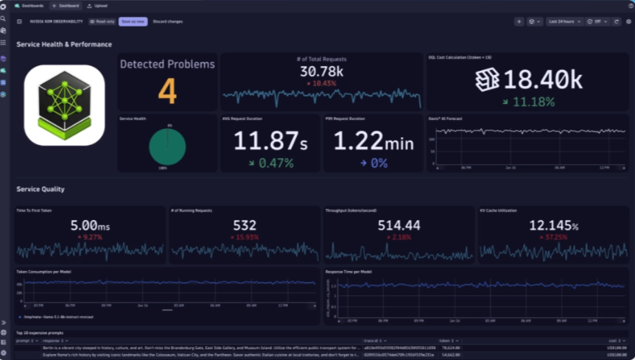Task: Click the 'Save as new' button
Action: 133,21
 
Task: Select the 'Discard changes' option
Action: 167,21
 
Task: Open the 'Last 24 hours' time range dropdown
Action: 564,21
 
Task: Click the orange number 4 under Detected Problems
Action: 167,91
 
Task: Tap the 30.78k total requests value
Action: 321,71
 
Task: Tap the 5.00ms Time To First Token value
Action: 91,225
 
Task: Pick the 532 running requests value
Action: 245,225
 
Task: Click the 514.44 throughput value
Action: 399,225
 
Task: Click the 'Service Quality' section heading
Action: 41,189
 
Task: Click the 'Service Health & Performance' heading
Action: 64,44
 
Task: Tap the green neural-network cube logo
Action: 64,105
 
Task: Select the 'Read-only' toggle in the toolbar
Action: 102,21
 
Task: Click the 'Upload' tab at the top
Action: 97,5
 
